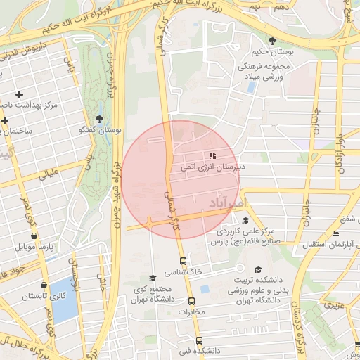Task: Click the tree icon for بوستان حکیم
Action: coord(271,39)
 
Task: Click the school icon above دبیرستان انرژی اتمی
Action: coord(211,155)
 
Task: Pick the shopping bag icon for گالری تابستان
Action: coord(44,285)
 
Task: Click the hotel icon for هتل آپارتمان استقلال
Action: coord(335,234)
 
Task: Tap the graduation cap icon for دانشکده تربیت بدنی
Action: coord(257,269)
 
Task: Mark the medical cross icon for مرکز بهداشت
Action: coord(19,94)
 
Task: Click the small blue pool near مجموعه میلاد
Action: coord(251,87)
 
